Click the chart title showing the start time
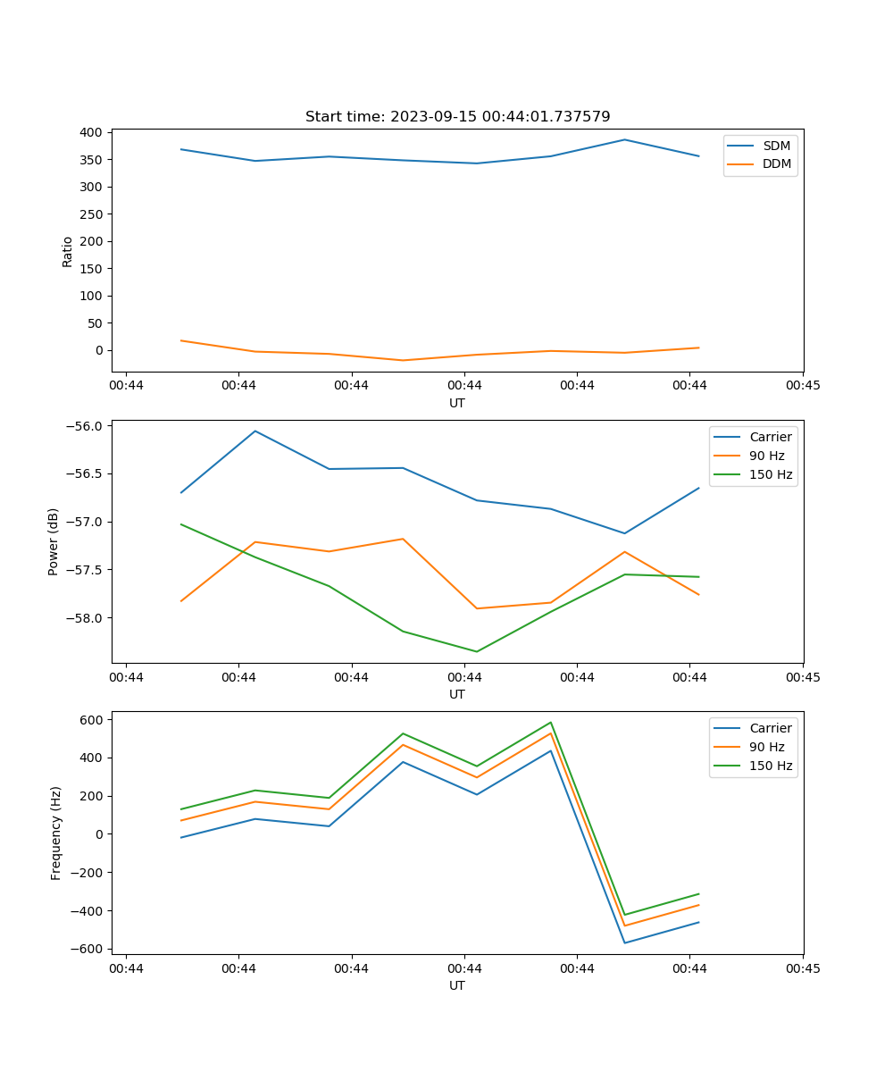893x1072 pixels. [457, 117]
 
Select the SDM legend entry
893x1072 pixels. [776, 146]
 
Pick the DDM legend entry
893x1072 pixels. [776, 163]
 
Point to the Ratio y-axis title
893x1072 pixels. [68, 251]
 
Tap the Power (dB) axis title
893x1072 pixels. [54, 541]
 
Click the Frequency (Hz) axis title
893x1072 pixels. [56, 833]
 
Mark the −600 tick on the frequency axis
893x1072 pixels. [89, 949]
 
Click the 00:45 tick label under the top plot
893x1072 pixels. [802, 386]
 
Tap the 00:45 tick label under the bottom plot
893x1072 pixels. [802, 968]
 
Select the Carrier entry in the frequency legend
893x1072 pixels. [771, 728]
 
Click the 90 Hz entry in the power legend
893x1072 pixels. [767, 456]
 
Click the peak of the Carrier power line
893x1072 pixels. [255, 431]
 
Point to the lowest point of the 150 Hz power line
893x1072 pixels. [476, 651]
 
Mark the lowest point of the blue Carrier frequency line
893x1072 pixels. [624, 942]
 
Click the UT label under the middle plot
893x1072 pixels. [457, 694]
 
